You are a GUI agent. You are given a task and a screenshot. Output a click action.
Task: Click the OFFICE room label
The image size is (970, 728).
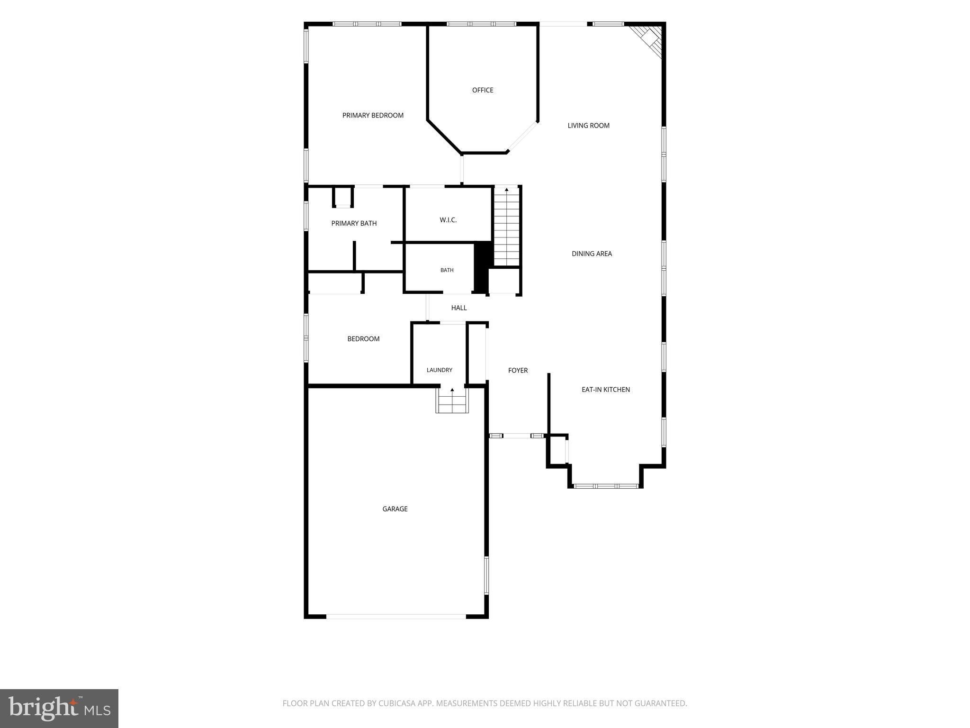coord(483,90)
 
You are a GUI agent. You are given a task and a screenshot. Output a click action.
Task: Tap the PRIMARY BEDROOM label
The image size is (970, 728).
coord(373,115)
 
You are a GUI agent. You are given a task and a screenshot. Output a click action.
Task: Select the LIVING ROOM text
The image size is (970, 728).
coord(588,126)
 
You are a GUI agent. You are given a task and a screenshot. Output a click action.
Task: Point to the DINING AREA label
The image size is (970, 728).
coord(592,254)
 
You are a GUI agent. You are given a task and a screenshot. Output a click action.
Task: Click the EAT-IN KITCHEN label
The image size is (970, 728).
coord(606,390)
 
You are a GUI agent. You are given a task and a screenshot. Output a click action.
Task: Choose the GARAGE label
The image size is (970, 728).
coord(395,509)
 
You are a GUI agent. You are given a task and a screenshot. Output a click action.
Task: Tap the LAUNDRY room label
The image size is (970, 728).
coord(440,370)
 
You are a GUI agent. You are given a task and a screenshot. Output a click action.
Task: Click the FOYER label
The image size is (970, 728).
coord(518,371)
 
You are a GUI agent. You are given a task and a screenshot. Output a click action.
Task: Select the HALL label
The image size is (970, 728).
coord(459,308)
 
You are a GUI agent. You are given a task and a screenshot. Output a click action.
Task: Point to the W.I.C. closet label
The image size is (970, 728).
coord(448,220)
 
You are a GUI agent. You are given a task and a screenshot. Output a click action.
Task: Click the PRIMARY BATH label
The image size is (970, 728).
coord(354,223)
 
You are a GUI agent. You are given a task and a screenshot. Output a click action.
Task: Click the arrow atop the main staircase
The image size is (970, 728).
coord(507,190)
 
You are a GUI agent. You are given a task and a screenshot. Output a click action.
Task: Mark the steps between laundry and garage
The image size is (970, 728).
coord(452,400)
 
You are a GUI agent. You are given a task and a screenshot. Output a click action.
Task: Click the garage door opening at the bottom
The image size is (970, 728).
coord(396,617)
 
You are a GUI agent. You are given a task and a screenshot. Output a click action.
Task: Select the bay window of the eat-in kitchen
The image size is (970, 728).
coord(606,486)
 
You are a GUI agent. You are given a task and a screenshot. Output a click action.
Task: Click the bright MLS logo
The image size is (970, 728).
coord(59,709)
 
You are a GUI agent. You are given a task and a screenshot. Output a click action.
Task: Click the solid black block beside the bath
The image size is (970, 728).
coord(481,267)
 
